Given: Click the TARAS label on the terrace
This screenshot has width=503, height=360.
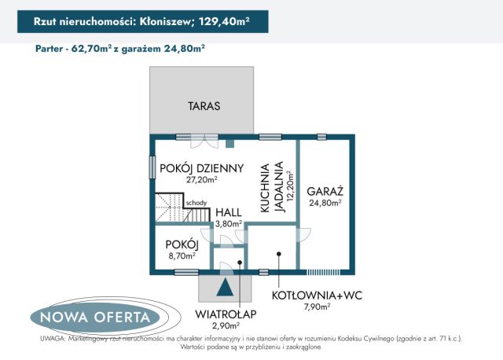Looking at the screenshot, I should [204, 106].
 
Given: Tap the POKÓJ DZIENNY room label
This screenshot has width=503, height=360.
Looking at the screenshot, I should [201, 167].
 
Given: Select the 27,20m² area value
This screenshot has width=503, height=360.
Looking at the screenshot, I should [202, 179].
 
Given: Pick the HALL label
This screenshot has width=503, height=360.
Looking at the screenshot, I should [229, 212].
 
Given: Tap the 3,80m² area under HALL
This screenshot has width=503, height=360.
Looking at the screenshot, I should [229, 223].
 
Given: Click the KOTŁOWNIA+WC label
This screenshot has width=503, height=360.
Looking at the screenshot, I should [317, 296].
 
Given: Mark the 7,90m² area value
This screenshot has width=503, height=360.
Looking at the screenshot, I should [317, 307].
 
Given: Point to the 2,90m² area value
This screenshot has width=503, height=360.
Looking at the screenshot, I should [225, 324].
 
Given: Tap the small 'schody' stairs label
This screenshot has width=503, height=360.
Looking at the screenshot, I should [196, 203].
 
